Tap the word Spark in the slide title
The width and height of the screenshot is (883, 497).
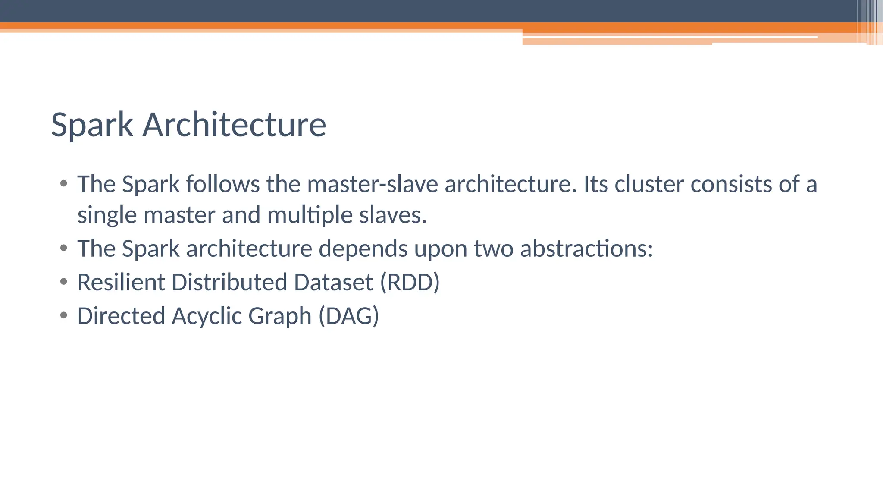tap(92, 126)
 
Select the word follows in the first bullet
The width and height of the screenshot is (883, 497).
tap(223, 184)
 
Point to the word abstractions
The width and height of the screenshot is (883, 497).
tap(586, 249)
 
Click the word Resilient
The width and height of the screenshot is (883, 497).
tap(121, 282)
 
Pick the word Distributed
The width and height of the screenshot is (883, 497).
tap(229, 282)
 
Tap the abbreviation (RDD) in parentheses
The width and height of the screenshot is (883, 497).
tap(410, 283)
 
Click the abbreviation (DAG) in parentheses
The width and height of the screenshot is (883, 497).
tap(348, 316)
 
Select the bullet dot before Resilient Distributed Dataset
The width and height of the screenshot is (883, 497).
tap(64, 282)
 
